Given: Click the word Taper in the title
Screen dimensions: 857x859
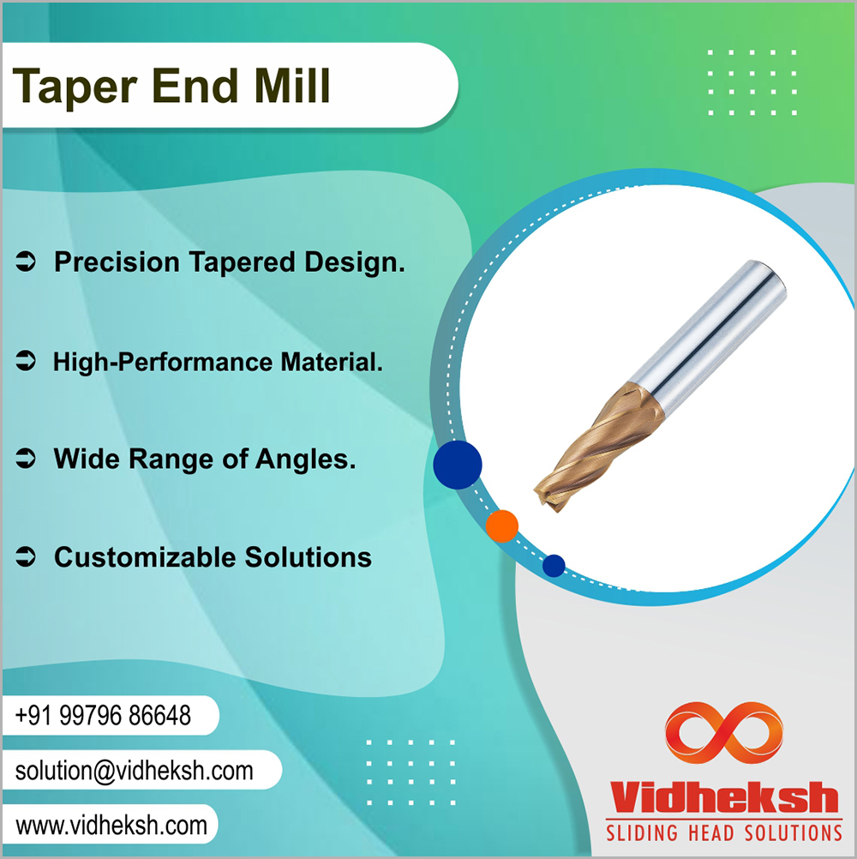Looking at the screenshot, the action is click(75, 87).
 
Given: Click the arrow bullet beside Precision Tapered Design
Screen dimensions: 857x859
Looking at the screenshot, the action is click(25, 261).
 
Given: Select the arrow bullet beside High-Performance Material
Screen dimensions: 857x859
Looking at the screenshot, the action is click(25, 360).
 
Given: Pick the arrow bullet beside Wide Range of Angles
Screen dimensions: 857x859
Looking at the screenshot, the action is click(25, 458).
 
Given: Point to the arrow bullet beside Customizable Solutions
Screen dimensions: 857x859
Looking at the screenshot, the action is click(25, 556).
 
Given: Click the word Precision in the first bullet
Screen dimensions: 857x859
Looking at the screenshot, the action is click(117, 261).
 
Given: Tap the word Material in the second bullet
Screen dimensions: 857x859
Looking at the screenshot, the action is click(332, 362).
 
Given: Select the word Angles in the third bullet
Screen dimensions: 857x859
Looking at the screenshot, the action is click(306, 460).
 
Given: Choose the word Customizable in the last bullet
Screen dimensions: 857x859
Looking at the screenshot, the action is click(145, 557).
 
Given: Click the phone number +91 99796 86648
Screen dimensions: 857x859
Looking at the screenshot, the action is click(103, 716).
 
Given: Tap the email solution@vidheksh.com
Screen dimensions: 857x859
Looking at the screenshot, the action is click(135, 771).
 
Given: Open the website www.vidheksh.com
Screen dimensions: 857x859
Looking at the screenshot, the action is click(111, 826).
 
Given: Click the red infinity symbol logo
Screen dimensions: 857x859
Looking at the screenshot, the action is click(724, 732).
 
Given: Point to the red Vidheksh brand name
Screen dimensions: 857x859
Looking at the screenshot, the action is click(724, 797).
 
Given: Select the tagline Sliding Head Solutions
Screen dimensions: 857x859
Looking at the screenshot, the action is click(724, 832).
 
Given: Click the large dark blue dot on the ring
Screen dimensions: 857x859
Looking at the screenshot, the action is click(458, 465).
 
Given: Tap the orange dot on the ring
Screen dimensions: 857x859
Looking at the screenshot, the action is click(501, 526).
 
